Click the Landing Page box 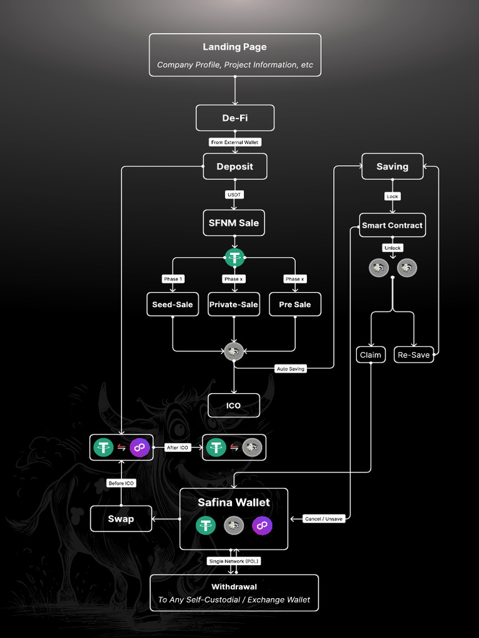[235, 55]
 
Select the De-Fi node [235, 118]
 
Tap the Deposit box [235, 166]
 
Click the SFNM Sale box [233, 222]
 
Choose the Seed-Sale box [172, 304]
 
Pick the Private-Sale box [233, 304]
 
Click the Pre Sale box [294, 304]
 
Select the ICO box [233, 405]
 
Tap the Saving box [392, 166]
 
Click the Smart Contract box [392, 225]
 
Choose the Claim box [370, 355]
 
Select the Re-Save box [414, 355]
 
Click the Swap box [121, 518]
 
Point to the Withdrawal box [234, 593]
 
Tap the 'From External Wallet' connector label [235, 142]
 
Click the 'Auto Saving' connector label [291, 369]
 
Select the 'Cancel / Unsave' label [324, 518]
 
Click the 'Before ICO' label [120, 483]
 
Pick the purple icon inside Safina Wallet [262, 526]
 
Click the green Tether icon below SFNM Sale [234, 257]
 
